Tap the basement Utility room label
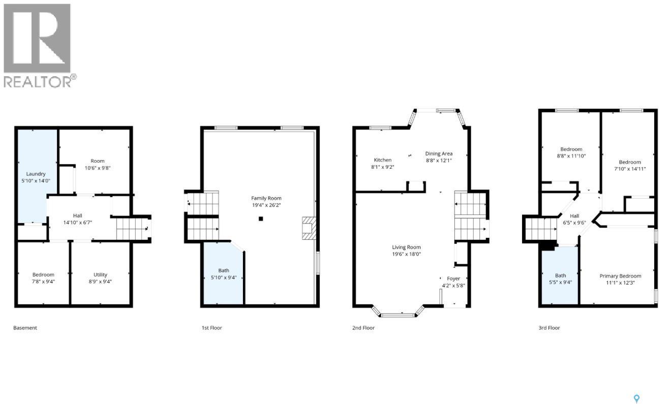100,274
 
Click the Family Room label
266,198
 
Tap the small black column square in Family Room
261,219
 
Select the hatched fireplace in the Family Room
308,228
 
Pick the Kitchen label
383,160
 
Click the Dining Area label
439,153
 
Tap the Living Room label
406,247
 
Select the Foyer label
453,278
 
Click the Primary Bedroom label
620,276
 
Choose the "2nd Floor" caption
363,328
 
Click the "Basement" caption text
25,328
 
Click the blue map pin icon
637,399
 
